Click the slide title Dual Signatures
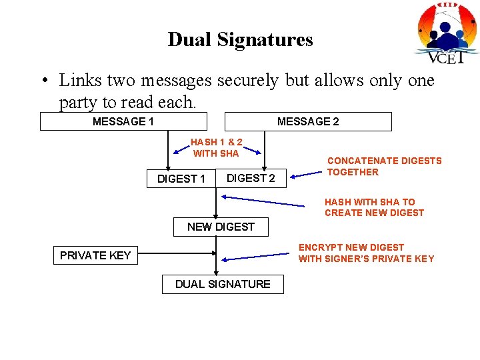(x=240, y=39)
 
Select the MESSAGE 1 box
(x=123, y=121)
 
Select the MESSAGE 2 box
(x=308, y=121)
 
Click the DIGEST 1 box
(x=181, y=179)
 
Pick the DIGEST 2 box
(x=251, y=178)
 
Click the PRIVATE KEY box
(x=95, y=255)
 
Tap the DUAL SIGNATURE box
(x=223, y=284)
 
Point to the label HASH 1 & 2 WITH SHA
(x=216, y=148)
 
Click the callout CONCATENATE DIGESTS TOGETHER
(x=384, y=166)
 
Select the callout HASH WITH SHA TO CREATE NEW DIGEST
(x=374, y=207)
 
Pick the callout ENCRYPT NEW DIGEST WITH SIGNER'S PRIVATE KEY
(x=366, y=253)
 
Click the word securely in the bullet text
(x=247, y=81)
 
